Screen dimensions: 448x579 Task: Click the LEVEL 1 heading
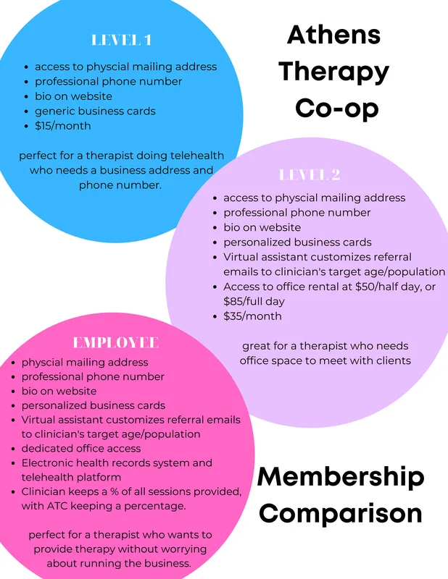click(121, 40)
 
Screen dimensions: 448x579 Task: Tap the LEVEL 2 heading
click(310, 174)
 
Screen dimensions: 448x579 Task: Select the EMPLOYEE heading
click(116, 342)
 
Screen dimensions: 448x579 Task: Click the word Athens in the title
click(333, 35)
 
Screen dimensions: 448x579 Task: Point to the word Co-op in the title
click(337, 108)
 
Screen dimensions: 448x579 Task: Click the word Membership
click(341, 477)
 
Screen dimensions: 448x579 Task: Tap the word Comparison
click(341, 514)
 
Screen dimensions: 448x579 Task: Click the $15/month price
click(63, 126)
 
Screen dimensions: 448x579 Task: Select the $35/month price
click(252, 316)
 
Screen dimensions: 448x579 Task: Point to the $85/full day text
click(254, 301)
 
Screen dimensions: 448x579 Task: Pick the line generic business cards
click(95, 111)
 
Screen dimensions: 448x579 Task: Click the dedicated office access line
click(81, 448)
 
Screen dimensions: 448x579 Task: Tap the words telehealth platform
click(71, 477)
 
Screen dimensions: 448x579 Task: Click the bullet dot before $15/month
click(26, 126)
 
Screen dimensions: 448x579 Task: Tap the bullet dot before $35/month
click(215, 316)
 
